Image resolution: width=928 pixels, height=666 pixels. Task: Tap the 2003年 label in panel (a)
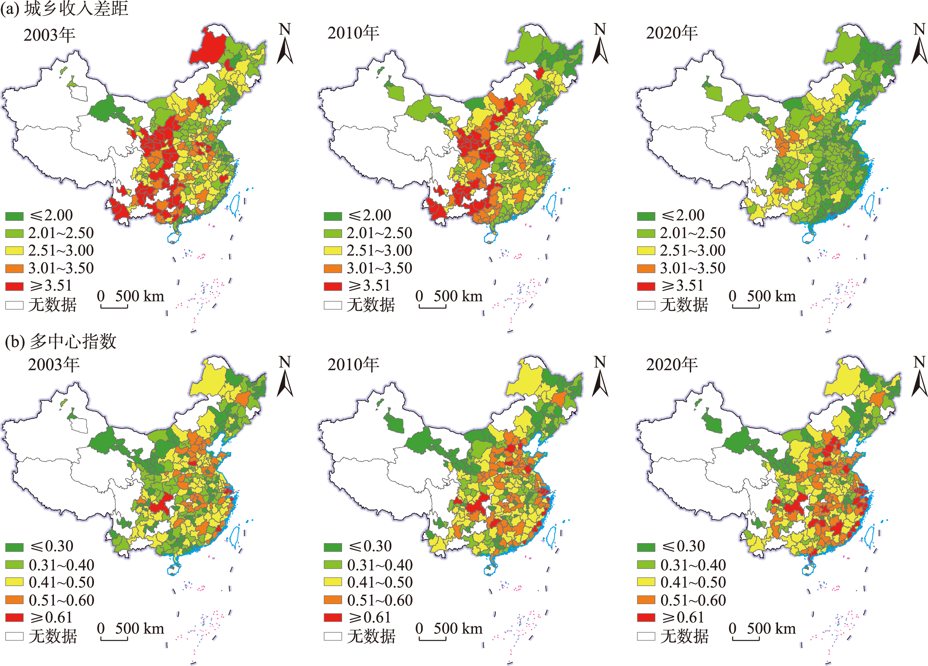coord(49,35)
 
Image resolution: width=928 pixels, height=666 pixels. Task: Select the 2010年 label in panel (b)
coord(353,365)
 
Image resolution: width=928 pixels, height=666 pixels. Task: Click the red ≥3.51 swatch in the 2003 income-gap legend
coord(14,286)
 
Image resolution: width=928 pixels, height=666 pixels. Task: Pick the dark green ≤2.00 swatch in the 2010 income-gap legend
coord(333,216)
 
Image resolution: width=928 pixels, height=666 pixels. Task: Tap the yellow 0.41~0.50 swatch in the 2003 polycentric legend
coord(14,582)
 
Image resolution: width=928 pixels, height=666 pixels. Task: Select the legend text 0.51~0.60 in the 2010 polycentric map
coord(380,600)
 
